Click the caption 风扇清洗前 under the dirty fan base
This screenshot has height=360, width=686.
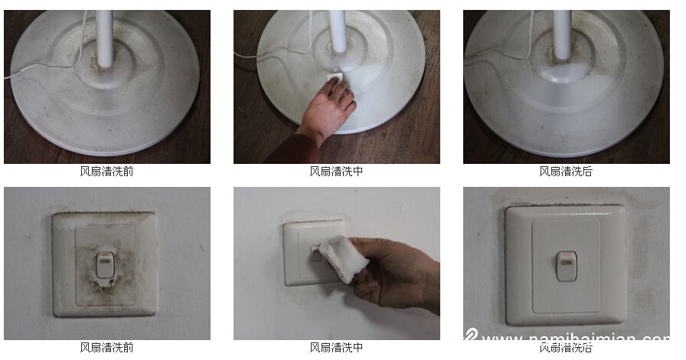pos(106,172)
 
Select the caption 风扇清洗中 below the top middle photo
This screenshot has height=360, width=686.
pos(336,172)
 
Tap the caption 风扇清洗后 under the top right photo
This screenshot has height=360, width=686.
pos(566,172)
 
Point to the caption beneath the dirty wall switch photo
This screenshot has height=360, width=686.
pos(106,348)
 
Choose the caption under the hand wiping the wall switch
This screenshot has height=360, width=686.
pos(336,348)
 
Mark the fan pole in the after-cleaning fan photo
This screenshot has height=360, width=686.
pos(562,34)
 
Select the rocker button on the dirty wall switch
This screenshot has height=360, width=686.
pos(104,265)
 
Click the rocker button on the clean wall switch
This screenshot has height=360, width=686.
pos(566,265)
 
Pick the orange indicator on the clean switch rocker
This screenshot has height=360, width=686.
pos(566,255)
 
